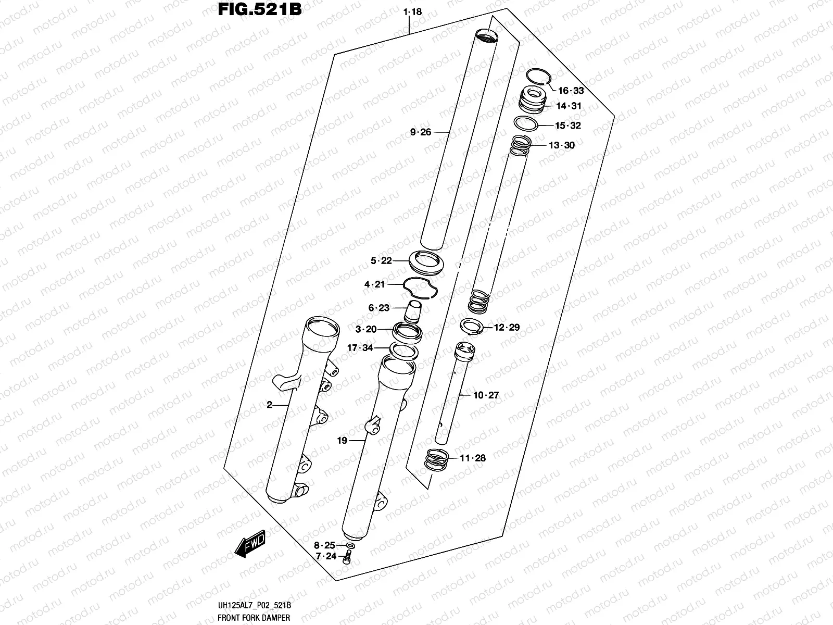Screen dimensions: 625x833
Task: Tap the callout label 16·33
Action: coord(571,91)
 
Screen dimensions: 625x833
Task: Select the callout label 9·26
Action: coord(420,132)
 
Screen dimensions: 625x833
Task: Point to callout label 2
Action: coord(269,405)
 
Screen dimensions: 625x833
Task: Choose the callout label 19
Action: coord(342,441)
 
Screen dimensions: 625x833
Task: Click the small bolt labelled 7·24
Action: coord(347,558)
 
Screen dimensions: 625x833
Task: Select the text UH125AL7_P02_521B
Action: coord(254,605)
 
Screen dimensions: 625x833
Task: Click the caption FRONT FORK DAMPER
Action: coord(254,618)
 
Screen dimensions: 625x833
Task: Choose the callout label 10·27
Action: coord(486,395)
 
